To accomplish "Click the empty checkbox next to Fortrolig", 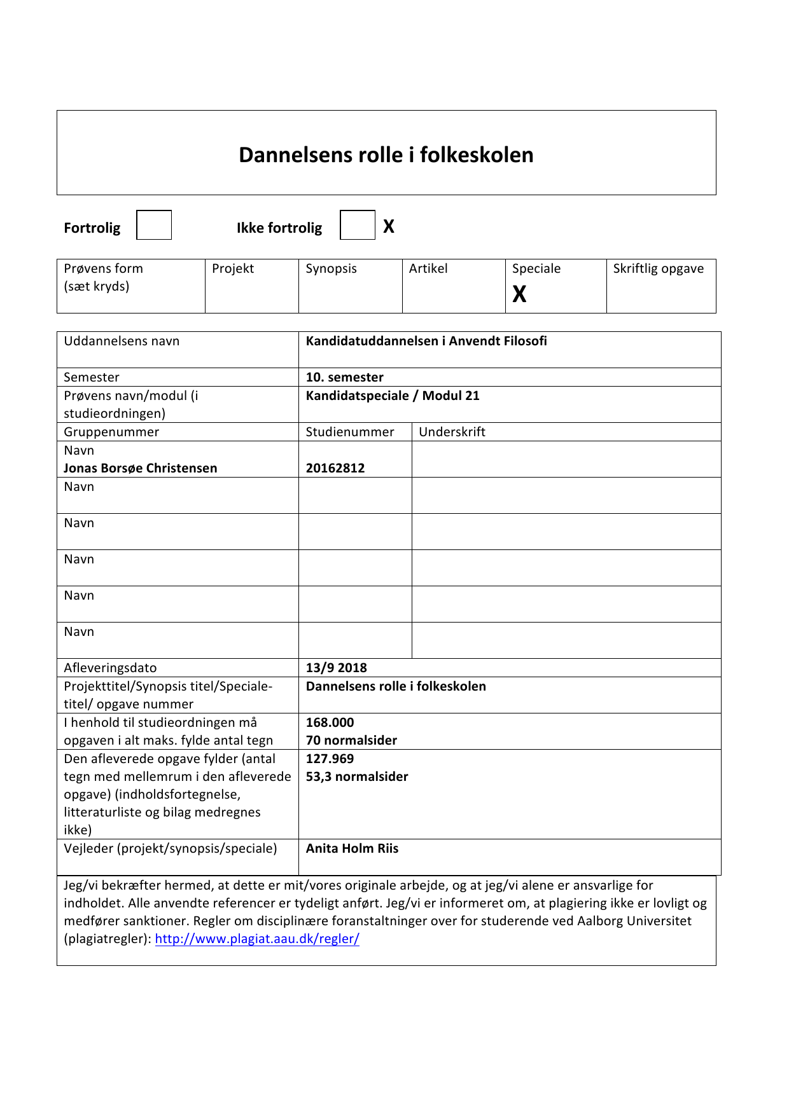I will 154,225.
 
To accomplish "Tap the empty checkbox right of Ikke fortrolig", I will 357,225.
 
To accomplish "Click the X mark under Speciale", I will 519,294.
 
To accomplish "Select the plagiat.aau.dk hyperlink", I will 257,939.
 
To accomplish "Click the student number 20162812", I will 335,468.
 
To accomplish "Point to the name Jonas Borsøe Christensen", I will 141,468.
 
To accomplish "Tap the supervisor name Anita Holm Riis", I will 352,848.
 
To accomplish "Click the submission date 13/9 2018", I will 336,668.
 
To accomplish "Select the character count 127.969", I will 330,759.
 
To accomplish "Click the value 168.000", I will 330,722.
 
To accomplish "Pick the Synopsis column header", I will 331,268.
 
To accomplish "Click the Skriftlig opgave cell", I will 659,268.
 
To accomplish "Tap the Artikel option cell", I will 428,268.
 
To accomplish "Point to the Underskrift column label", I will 452,432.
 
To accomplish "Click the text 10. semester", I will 344,377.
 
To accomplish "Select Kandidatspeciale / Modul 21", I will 393,396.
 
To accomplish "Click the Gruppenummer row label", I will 111,432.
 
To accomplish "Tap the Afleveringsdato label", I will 110,668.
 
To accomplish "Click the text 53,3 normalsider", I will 357,776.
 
